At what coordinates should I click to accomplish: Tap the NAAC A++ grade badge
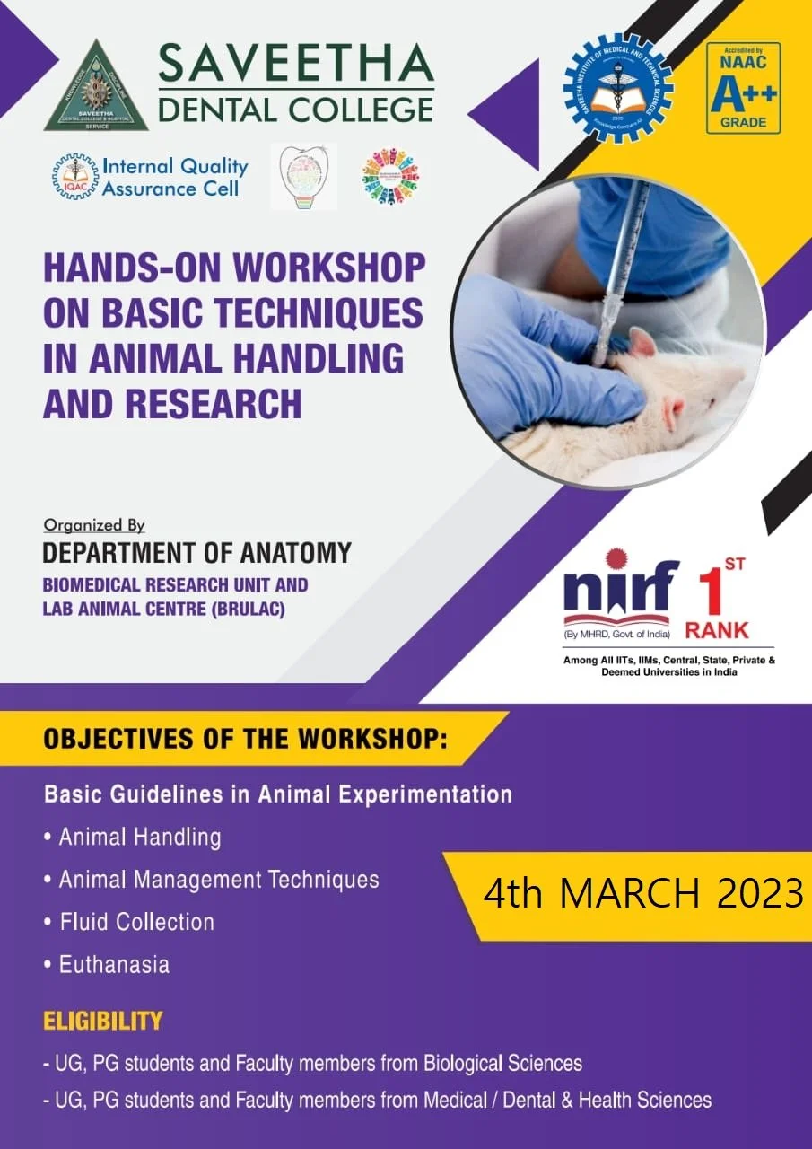743,88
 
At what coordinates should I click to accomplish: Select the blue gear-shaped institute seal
618,88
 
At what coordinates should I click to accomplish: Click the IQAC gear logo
74,176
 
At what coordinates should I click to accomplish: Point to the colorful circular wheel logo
390,176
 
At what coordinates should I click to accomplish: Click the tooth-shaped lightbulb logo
307,176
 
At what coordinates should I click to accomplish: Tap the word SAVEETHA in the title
296,64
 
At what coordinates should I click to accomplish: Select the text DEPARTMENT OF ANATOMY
197,552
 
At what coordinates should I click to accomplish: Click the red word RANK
717,629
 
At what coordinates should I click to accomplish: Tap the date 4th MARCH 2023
642,894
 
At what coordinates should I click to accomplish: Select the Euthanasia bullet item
114,965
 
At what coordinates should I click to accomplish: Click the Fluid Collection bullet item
136,922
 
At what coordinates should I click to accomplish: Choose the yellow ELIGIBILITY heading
103,1021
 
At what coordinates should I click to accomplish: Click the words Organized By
94,526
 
